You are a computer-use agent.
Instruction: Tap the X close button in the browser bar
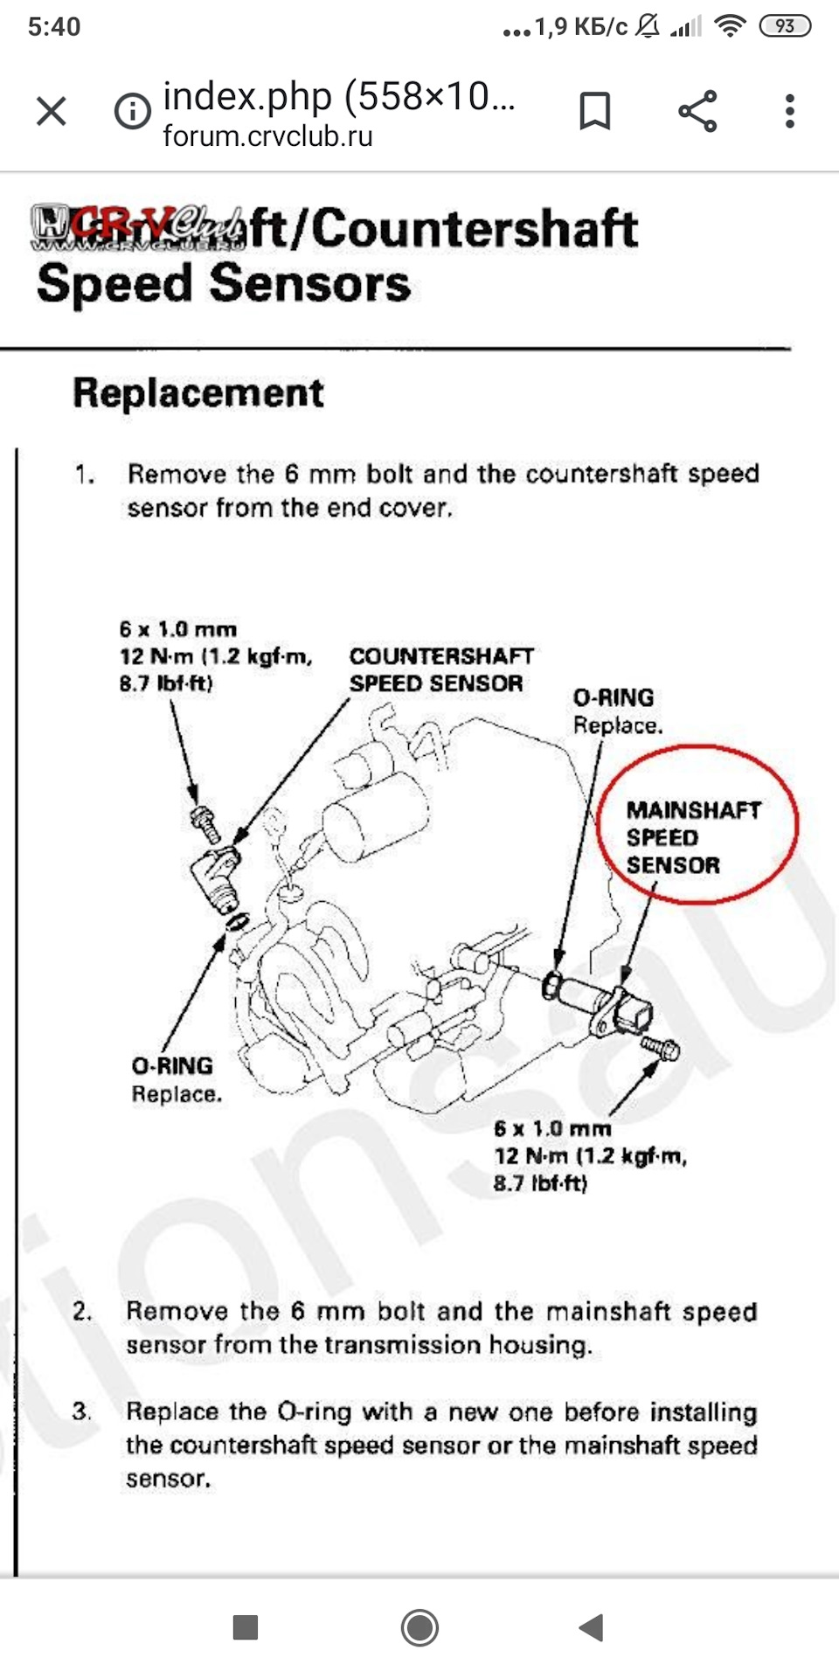point(52,112)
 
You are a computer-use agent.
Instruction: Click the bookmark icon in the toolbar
point(595,112)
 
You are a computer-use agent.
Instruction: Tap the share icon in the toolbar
point(697,112)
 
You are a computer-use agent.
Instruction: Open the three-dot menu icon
point(790,112)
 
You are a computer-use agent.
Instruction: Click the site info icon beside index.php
point(133,112)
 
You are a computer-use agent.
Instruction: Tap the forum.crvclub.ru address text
point(267,137)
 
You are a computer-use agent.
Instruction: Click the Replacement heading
point(198,393)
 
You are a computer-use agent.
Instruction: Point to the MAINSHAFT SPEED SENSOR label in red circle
point(693,837)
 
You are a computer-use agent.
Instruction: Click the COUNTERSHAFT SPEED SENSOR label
point(440,669)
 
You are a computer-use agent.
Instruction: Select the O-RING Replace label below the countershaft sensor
point(175,1079)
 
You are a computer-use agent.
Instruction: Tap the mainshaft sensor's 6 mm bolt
point(660,1047)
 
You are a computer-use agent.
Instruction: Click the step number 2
point(82,1311)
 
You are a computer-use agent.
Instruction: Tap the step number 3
point(82,1411)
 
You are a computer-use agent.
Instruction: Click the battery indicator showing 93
point(785,26)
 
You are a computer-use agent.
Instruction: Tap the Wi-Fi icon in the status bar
point(729,26)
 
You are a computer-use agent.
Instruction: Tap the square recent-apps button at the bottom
point(246,1627)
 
